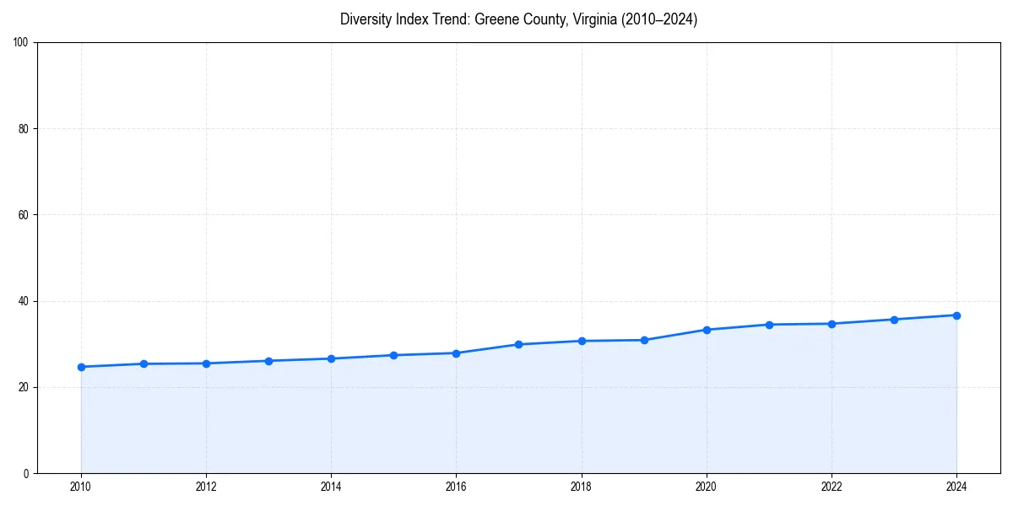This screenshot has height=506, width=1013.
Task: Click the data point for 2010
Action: pos(81,367)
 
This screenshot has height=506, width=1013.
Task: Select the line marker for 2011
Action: pos(144,363)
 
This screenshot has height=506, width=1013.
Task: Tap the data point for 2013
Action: pos(268,361)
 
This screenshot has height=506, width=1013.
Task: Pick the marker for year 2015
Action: pos(393,355)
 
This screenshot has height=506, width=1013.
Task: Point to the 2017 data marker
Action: pos(518,344)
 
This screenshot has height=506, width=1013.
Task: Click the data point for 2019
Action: pos(644,340)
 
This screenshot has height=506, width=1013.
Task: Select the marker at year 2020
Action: pos(707,330)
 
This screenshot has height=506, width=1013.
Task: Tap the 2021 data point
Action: pos(769,325)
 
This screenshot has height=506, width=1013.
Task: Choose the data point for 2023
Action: pos(894,320)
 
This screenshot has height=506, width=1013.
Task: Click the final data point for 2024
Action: pos(956,315)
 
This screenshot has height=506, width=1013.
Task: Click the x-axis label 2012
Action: pos(206,487)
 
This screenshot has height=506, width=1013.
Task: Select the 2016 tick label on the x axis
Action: pos(456,487)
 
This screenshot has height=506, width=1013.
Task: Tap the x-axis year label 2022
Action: pos(832,487)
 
